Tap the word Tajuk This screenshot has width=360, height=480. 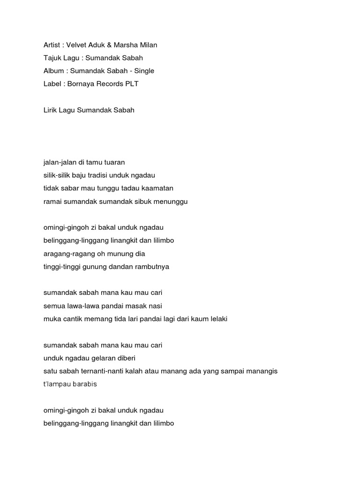coord(52,58)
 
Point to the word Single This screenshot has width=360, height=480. coord(144,71)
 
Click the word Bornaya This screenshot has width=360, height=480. coord(80,84)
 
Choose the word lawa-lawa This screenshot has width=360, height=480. coord(82,306)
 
